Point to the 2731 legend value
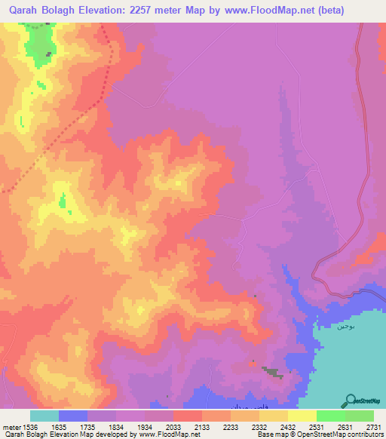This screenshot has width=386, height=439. tap(374, 426)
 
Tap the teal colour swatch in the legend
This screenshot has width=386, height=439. tap(44, 416)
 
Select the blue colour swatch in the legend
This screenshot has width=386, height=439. tap(73, 416)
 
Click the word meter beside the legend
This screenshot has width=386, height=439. tap(9, 426)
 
